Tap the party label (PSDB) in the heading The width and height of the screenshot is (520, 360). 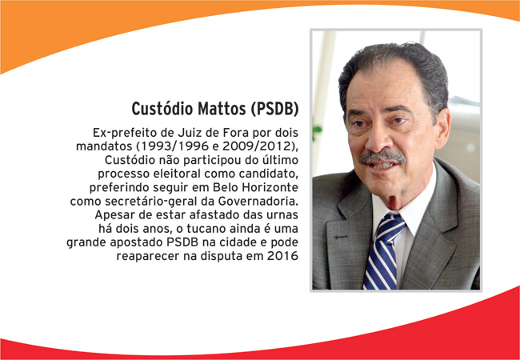click(275, 109)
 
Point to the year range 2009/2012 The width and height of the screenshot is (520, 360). click(257, 146)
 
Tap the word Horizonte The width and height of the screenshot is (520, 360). click(270, 188)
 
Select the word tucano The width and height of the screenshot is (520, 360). click(202, 229)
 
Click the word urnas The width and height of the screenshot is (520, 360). click(282, 215)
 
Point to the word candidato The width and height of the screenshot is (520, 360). click(269, 174)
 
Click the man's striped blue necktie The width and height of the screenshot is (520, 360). click(384, 251)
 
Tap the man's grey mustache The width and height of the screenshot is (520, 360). click(382, 157)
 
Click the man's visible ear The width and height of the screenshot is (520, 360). click(442, 128)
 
